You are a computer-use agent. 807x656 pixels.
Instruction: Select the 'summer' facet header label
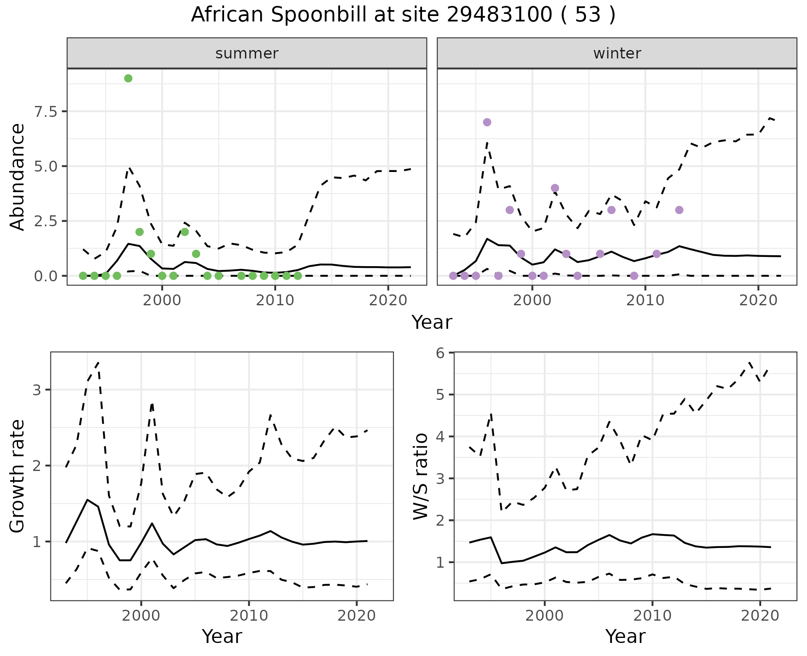pyautogui.click(x=247, y=53)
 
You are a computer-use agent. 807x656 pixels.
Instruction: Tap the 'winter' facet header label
pyautogui.click(x=617, y=53)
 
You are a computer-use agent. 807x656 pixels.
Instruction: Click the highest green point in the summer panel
pyautogui.click(x=128, y=78)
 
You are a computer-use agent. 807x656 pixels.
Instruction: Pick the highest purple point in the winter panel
pyautogui.click(x=487, y=122)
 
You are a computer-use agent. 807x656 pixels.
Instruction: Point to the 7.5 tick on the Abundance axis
pyautogui.click(x=46, y=111)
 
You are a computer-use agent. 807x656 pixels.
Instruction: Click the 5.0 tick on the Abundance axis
pyautogui.click(x=46, y=166)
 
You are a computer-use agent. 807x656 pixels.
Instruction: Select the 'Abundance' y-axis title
pyautogui.click(x=18, y=177)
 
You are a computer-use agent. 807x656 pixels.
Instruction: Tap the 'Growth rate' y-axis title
pyautogui.click(x=18, y=476)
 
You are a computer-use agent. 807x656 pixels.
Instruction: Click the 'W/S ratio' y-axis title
pyautogui.click(x=420, y=476)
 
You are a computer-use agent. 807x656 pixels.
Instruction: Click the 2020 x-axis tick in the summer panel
pyautogui.click(x=388, y=301)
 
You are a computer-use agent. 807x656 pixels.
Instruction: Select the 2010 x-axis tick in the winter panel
pyautogui.click(x=645, y=301)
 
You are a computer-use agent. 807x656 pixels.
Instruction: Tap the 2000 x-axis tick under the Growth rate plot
pyautogui.click(x=141, y=616)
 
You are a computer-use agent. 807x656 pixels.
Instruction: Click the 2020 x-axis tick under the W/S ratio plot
pyautogui.click(x=760, y=616)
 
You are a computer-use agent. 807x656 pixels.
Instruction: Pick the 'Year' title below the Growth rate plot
pyautogui.click(x=222, y=637)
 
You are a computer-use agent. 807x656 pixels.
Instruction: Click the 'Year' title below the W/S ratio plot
pyautogui.click(x=625, y=637)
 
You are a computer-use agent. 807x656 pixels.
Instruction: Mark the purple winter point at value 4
pyautogui.click(x=555, y=188)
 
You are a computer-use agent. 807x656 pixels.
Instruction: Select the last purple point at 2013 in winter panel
pyautogui.click(x=679, y=210)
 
